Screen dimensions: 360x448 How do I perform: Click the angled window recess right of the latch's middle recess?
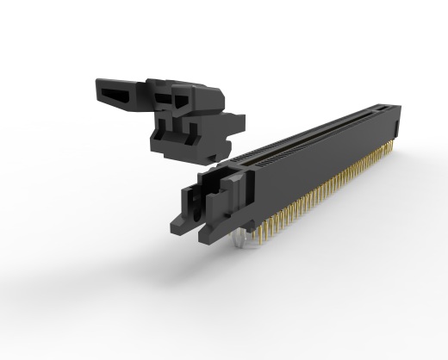(x=182, y=101)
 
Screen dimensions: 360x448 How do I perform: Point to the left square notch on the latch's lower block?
(x=164, y=129)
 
